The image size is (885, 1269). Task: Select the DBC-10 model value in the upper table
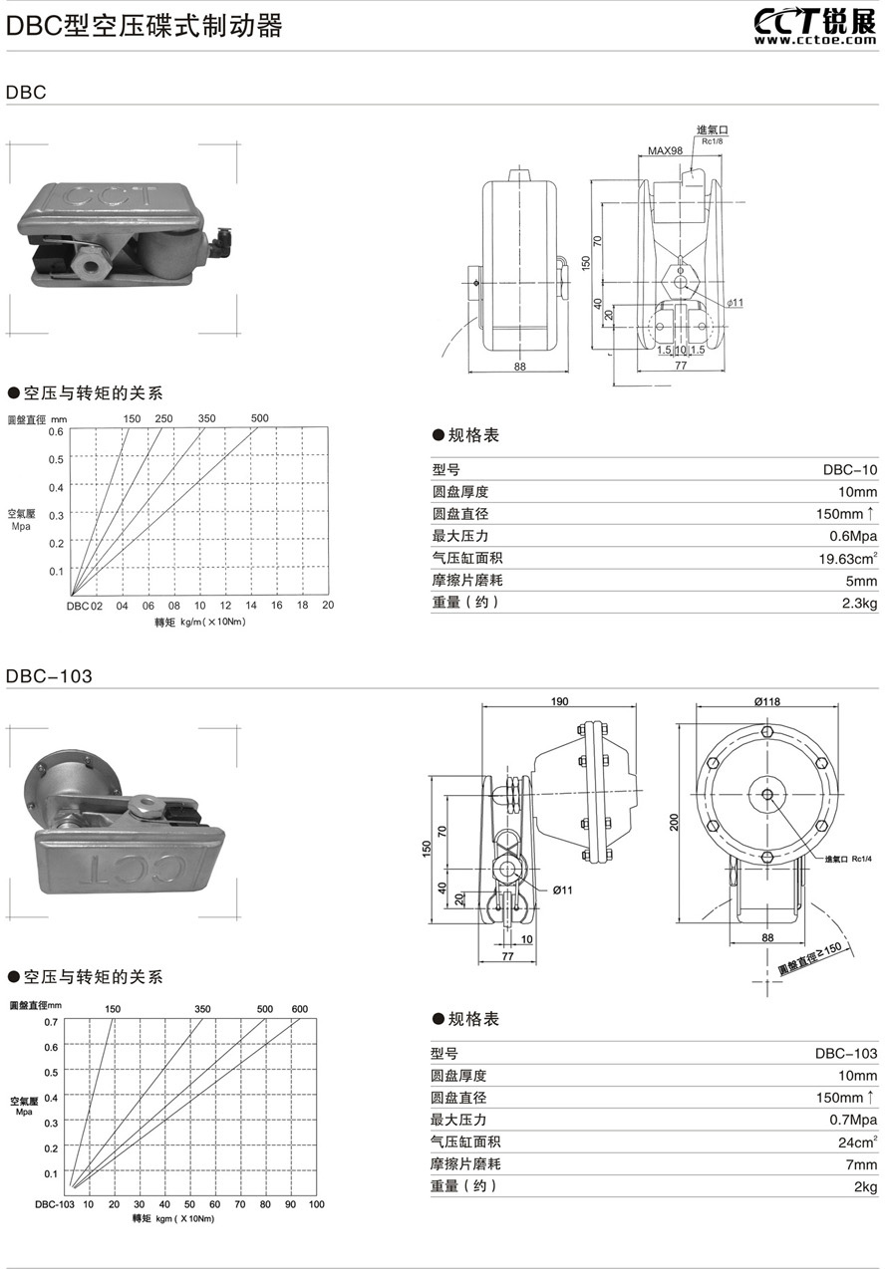tap(849, 469)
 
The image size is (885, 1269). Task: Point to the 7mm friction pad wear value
tap(862, 1163)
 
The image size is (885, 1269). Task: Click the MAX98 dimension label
tap(665, 150)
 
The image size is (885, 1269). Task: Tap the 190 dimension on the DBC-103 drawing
tap(560, 702)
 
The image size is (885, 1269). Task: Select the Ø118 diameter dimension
tap(766, 702)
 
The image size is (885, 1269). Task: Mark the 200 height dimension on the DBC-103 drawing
tap(675, 821)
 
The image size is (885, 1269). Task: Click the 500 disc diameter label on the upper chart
tap(260, 418)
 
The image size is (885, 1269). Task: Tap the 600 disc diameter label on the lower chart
tap(300, 1009)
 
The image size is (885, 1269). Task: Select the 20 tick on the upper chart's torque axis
tap(328, 606)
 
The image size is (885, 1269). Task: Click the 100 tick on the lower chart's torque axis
tap(316, 1204)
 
